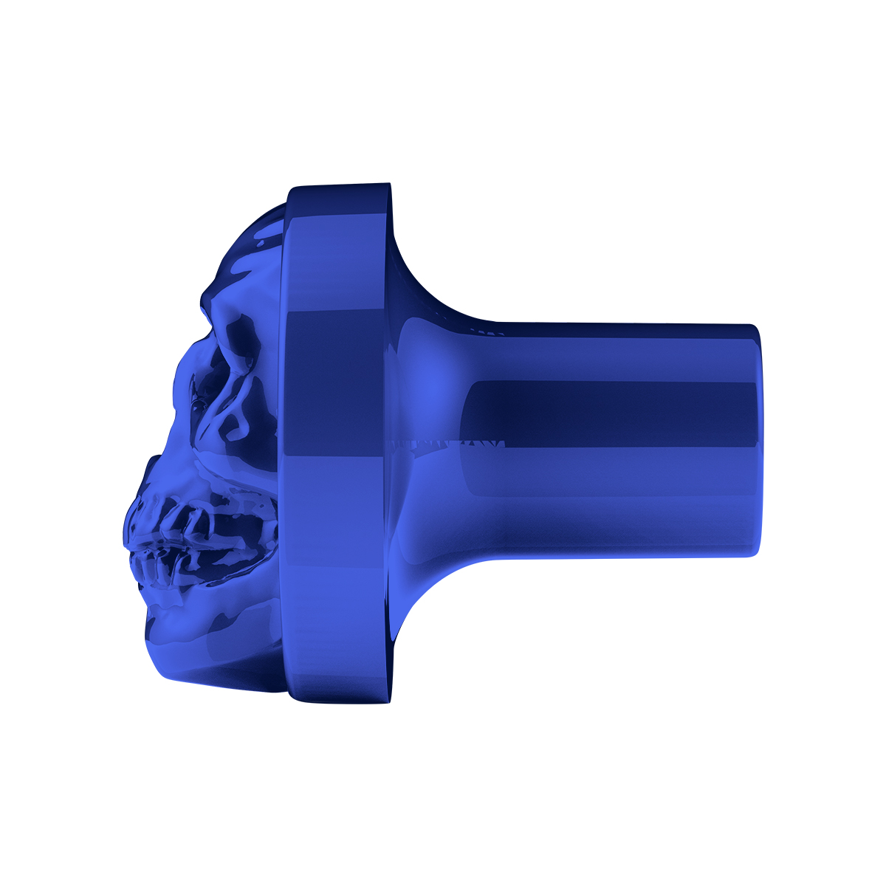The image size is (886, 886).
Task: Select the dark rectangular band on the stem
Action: pos(613,413)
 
